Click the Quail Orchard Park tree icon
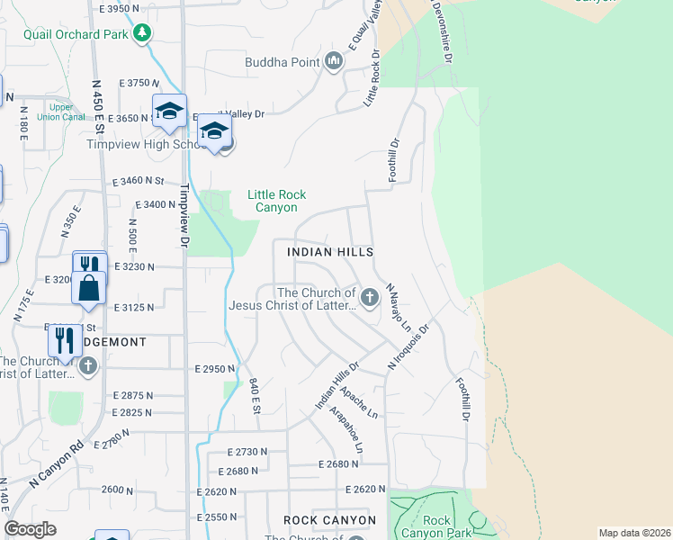pos(141,33)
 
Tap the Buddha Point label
pos(283,62)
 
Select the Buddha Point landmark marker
pos(335,61)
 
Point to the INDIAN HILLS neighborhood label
pos(329,253)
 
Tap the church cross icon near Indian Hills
pos(369,297)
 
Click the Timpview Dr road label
pos(185,214)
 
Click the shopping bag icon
pos(89,288)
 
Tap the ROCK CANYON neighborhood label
pos(329,520)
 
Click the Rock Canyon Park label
pos(436,527)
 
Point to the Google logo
pos(30,529)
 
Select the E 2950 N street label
pos(214,369)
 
